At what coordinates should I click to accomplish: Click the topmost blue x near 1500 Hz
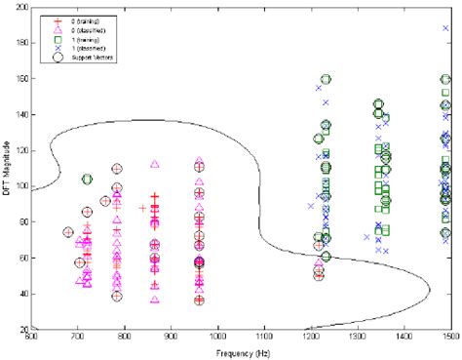(x=445, y=28)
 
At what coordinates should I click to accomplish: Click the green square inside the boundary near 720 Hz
(x=87, y=180)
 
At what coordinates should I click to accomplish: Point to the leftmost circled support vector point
(x=68, y=232)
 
